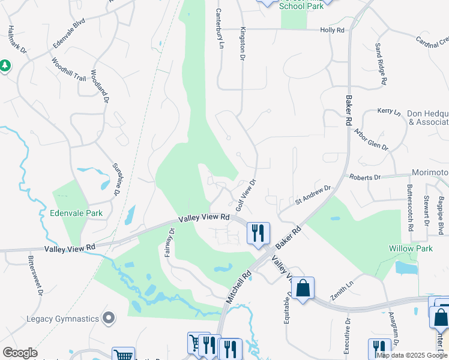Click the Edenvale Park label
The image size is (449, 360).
point(76,213)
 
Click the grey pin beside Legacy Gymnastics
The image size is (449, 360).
point(109,317)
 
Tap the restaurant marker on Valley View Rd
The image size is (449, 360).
point(259,233)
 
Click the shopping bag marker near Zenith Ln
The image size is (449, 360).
point(303,288)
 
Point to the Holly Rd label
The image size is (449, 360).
point(332,29)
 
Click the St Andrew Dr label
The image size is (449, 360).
point(313,196)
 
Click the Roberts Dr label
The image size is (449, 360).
point(365,178)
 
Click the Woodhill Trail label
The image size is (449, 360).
point(68,69)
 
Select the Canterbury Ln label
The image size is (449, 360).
point(220,29)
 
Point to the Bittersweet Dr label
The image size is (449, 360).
point(34,276)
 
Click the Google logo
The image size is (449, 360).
point(20,352)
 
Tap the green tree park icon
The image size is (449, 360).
point(5,65)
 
